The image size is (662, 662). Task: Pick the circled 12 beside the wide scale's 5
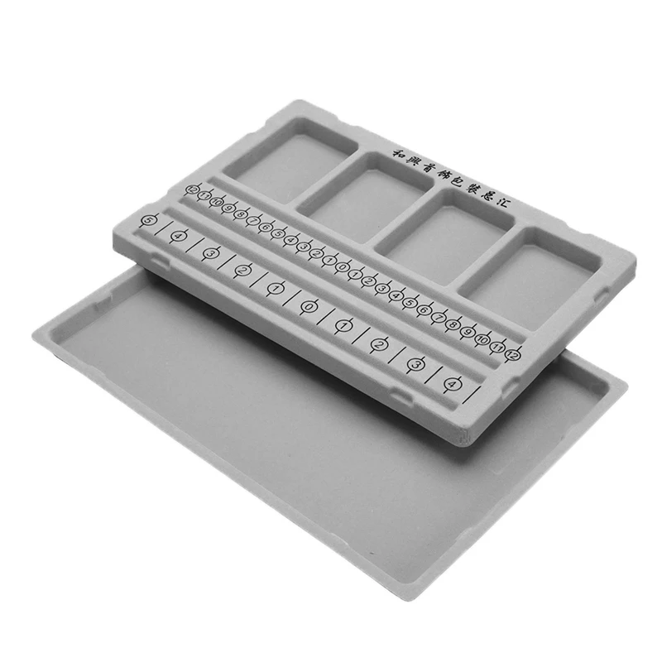(x=192, y=190)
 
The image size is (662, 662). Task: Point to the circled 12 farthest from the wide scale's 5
(x=514, y=354)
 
